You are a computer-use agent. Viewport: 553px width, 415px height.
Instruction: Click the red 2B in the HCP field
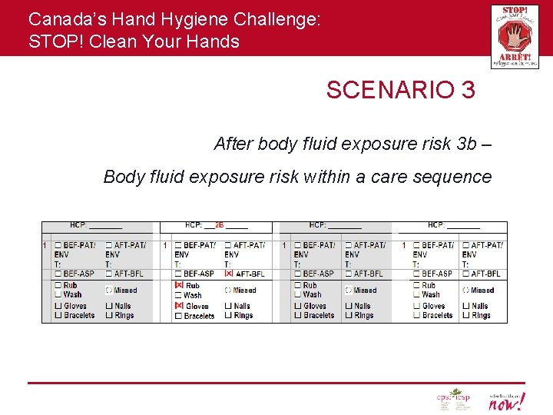220,225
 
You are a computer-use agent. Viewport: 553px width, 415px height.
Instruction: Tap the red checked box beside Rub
179,285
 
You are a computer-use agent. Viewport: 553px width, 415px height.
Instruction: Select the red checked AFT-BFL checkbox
228,274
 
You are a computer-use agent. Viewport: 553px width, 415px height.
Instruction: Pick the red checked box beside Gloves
179,306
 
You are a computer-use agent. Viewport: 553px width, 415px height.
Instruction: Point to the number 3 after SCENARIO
468,90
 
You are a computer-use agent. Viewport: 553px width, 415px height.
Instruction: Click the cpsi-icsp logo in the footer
453,400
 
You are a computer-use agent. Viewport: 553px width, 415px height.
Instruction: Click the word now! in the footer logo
509,403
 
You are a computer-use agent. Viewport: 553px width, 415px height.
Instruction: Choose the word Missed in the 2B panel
244,290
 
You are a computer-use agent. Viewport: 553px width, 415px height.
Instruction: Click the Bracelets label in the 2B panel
199,316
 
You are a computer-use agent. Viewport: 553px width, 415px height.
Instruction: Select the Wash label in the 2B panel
192,295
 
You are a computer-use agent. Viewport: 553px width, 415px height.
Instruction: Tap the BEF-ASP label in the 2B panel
199,274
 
